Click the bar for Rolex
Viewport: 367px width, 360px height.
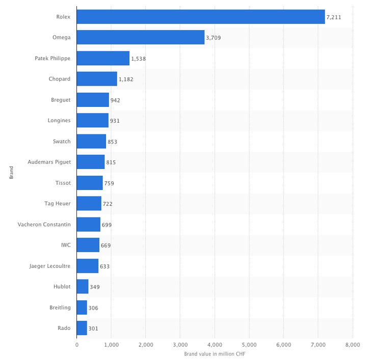coord(200,17)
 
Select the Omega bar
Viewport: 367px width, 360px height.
coord(140,38)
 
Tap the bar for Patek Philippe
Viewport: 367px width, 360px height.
coord(103,59)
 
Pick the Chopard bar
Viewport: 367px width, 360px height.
coord(97,79)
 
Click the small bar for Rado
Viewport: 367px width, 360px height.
coord(82,328)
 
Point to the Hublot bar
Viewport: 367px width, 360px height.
coord(83,287)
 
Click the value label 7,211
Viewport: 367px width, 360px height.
coord(334,17)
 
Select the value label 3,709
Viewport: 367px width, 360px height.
coord(214,38)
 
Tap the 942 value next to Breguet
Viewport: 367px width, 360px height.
coord(115,100)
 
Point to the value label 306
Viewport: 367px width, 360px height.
coord(93,308)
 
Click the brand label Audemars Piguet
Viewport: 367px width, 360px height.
coord(49,162)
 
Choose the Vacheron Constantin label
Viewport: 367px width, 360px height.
coord(44,225)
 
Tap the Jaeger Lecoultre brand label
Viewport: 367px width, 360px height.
coord(50,266)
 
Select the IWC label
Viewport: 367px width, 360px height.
coord(66,245)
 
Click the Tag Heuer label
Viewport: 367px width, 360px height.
coord(58,204)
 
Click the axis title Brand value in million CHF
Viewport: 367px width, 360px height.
coord(214,354)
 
